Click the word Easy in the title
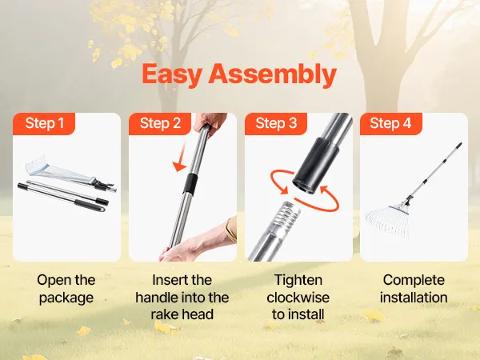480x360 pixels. click(172, 74)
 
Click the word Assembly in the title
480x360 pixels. click(273, 74)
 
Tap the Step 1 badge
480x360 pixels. click(44, 123)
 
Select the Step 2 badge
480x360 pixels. click(160, 123)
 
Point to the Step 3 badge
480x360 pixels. click(276, 123)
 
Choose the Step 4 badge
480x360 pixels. click(390, 123)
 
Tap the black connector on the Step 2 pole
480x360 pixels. click(190, 184)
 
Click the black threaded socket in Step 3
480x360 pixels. click(315, 166)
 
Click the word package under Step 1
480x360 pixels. click(66, 298)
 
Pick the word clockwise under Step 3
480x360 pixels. click(298, 298)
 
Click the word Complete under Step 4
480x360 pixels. click(414, 281)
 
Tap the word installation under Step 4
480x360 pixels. click(414, 298)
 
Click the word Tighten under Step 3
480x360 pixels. click(298, 281)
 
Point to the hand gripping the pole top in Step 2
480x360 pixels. click(210, 122)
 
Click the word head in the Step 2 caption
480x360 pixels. click(199, 314)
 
